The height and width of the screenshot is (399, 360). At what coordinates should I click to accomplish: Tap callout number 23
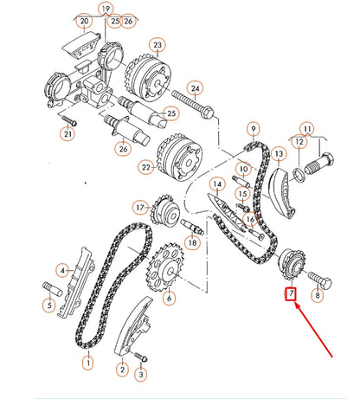tap(157, 44)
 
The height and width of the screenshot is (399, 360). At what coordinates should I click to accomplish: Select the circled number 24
tap(195, 88)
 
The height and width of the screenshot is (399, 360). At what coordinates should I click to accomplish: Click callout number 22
tap(147, 167)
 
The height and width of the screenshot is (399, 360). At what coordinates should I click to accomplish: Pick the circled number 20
tap(83, 20)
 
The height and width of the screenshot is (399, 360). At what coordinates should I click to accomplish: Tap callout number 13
tap(280, 153)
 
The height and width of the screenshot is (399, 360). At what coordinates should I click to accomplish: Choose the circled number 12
tap(298, 142)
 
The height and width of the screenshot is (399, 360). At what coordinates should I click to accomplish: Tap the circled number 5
tap(49, 304)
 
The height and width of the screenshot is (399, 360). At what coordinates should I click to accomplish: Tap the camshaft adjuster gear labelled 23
tap(142, 77)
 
